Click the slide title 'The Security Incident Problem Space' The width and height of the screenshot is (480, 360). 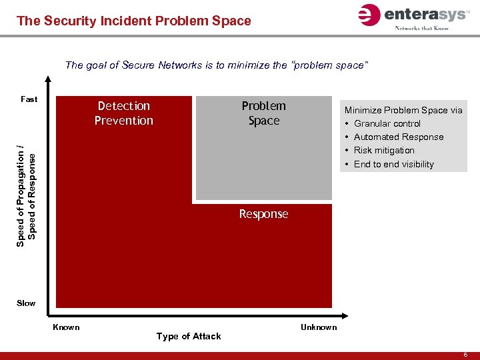134,21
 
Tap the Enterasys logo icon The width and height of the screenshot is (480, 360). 369,15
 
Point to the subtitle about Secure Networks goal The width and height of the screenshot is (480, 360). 216,65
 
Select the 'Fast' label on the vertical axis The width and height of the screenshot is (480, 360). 29,99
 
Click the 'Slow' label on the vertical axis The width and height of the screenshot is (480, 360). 27,303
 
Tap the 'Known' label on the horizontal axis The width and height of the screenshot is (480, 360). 66,327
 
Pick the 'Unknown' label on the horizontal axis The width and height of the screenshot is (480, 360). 319,327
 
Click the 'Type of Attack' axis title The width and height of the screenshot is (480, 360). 189,336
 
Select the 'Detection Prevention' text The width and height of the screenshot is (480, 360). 124,113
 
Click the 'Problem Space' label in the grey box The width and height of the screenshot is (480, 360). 264,113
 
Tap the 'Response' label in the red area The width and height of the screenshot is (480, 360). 264,214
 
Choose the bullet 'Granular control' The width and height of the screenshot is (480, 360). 387,123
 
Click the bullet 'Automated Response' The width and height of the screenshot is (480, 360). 399,137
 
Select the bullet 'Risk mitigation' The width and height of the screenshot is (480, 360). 384,150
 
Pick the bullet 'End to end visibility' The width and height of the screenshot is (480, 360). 394,164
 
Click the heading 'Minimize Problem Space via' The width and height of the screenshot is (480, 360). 403,110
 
